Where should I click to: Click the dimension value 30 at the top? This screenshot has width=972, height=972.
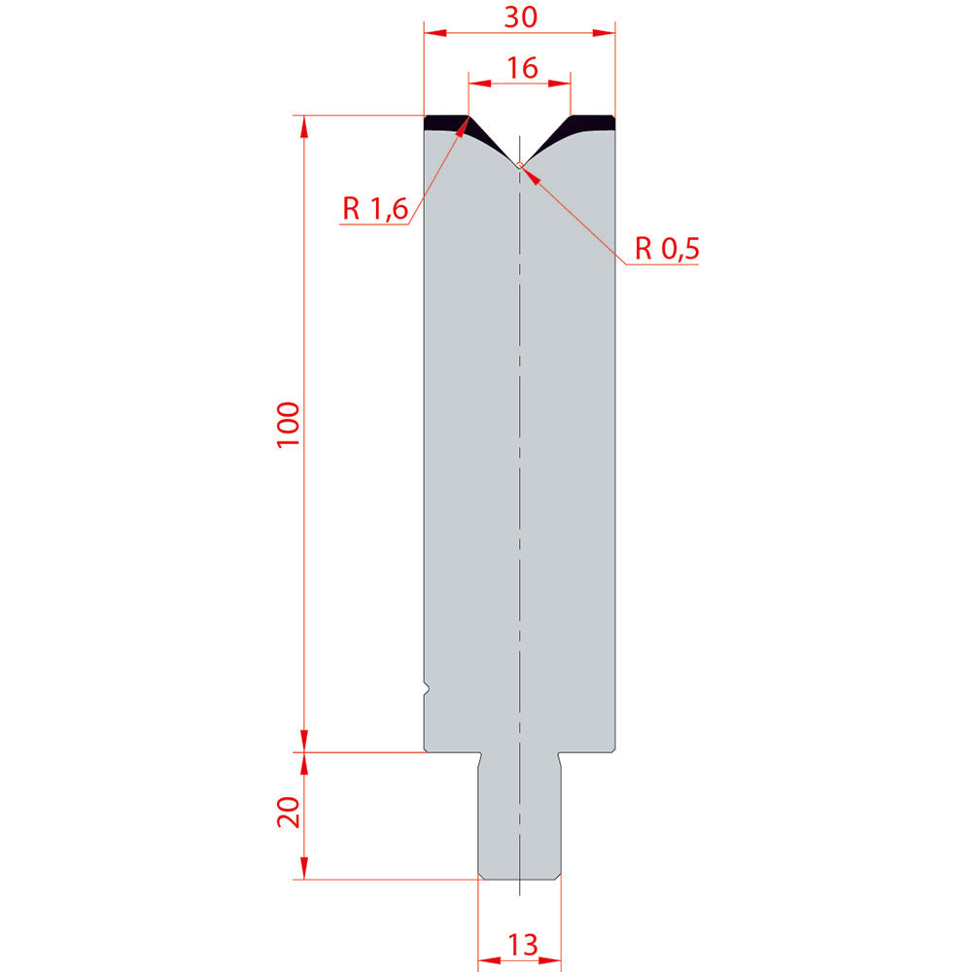520,17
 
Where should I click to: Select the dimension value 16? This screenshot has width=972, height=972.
522,68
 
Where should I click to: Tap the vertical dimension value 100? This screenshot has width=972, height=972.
289,425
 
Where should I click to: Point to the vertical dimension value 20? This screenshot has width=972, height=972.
289,813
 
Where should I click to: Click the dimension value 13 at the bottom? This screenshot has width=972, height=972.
523,946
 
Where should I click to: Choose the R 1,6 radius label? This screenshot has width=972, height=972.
375,209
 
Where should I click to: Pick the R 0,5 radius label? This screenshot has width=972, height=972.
667,249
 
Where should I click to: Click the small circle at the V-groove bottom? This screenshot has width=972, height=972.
519,165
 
